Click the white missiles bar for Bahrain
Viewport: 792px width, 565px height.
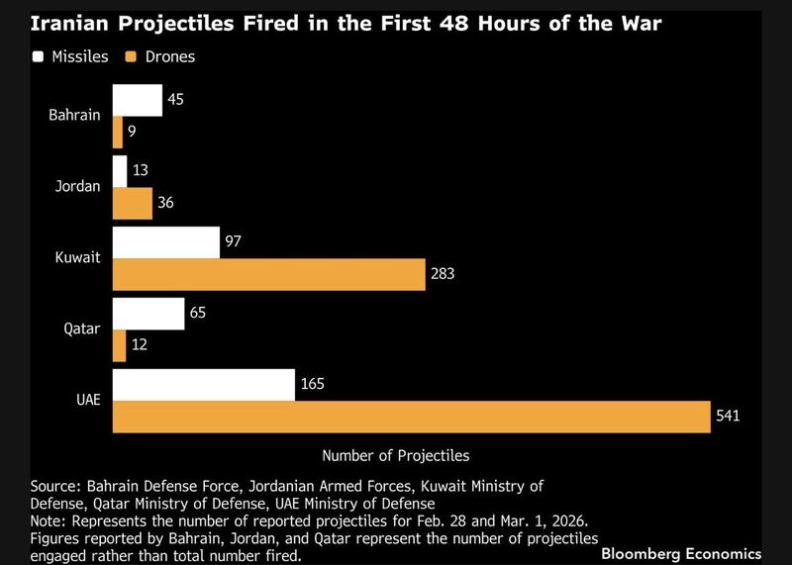tap(137, 100)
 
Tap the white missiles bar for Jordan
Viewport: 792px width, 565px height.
tap(120, 171)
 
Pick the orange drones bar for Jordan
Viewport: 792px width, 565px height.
tap(132, 203)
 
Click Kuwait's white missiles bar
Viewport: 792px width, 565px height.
tap(165, 242)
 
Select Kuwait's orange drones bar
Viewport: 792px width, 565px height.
tap(267, 274)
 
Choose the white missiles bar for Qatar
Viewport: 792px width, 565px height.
tap(148, 314)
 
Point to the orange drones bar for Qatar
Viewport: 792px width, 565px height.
tap(118, 345)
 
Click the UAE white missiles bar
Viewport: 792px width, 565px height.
tap(203, 385)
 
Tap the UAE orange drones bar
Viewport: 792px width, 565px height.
tap(411, 417)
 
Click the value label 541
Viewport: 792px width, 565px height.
tap(728, 418)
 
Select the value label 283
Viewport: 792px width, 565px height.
tap(441, 275)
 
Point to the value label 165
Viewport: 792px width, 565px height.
tap(314, 385)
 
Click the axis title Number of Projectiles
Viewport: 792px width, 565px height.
tap(396, 456)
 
